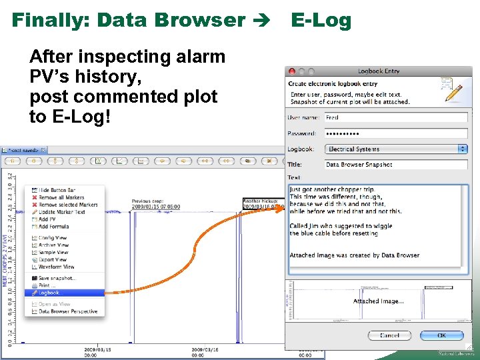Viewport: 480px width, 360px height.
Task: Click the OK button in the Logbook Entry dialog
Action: (441, 335)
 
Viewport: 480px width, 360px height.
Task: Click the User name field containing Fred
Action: (395, 117)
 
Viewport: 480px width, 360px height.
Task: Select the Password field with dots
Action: (395, 133)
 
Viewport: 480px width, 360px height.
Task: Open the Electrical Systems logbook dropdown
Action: (396, 149)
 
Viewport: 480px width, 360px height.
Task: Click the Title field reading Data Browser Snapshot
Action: (395, 165)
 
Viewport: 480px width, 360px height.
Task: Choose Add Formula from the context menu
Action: (54, 227)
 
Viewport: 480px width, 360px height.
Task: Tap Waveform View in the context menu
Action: (56, 267)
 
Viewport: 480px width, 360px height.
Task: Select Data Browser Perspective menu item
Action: (67, 311)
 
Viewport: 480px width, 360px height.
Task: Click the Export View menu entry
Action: (53, 260)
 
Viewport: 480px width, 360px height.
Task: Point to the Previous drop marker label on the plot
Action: (155, 204)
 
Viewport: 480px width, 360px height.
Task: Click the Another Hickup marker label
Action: (263, 203)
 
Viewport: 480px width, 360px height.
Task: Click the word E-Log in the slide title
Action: (321, 20)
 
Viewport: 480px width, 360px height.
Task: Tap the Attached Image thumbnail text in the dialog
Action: (377, 301)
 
